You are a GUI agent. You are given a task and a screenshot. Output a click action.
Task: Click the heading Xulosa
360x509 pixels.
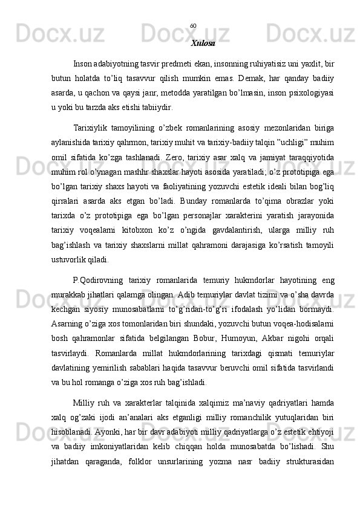(203, 44)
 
